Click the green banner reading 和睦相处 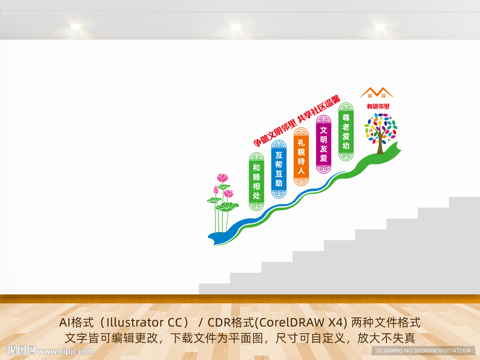coord(256,181)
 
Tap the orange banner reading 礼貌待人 coord(301,157)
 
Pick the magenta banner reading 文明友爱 coord(323,144)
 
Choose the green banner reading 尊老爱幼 coord(346,132)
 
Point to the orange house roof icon coord(376,92)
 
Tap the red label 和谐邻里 coord(378,106)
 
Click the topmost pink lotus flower coord(223,178)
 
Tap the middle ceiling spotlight coord(236,26)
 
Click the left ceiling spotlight coord(76,26)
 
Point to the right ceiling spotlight coord(380,26)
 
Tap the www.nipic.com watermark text coord(66,351)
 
